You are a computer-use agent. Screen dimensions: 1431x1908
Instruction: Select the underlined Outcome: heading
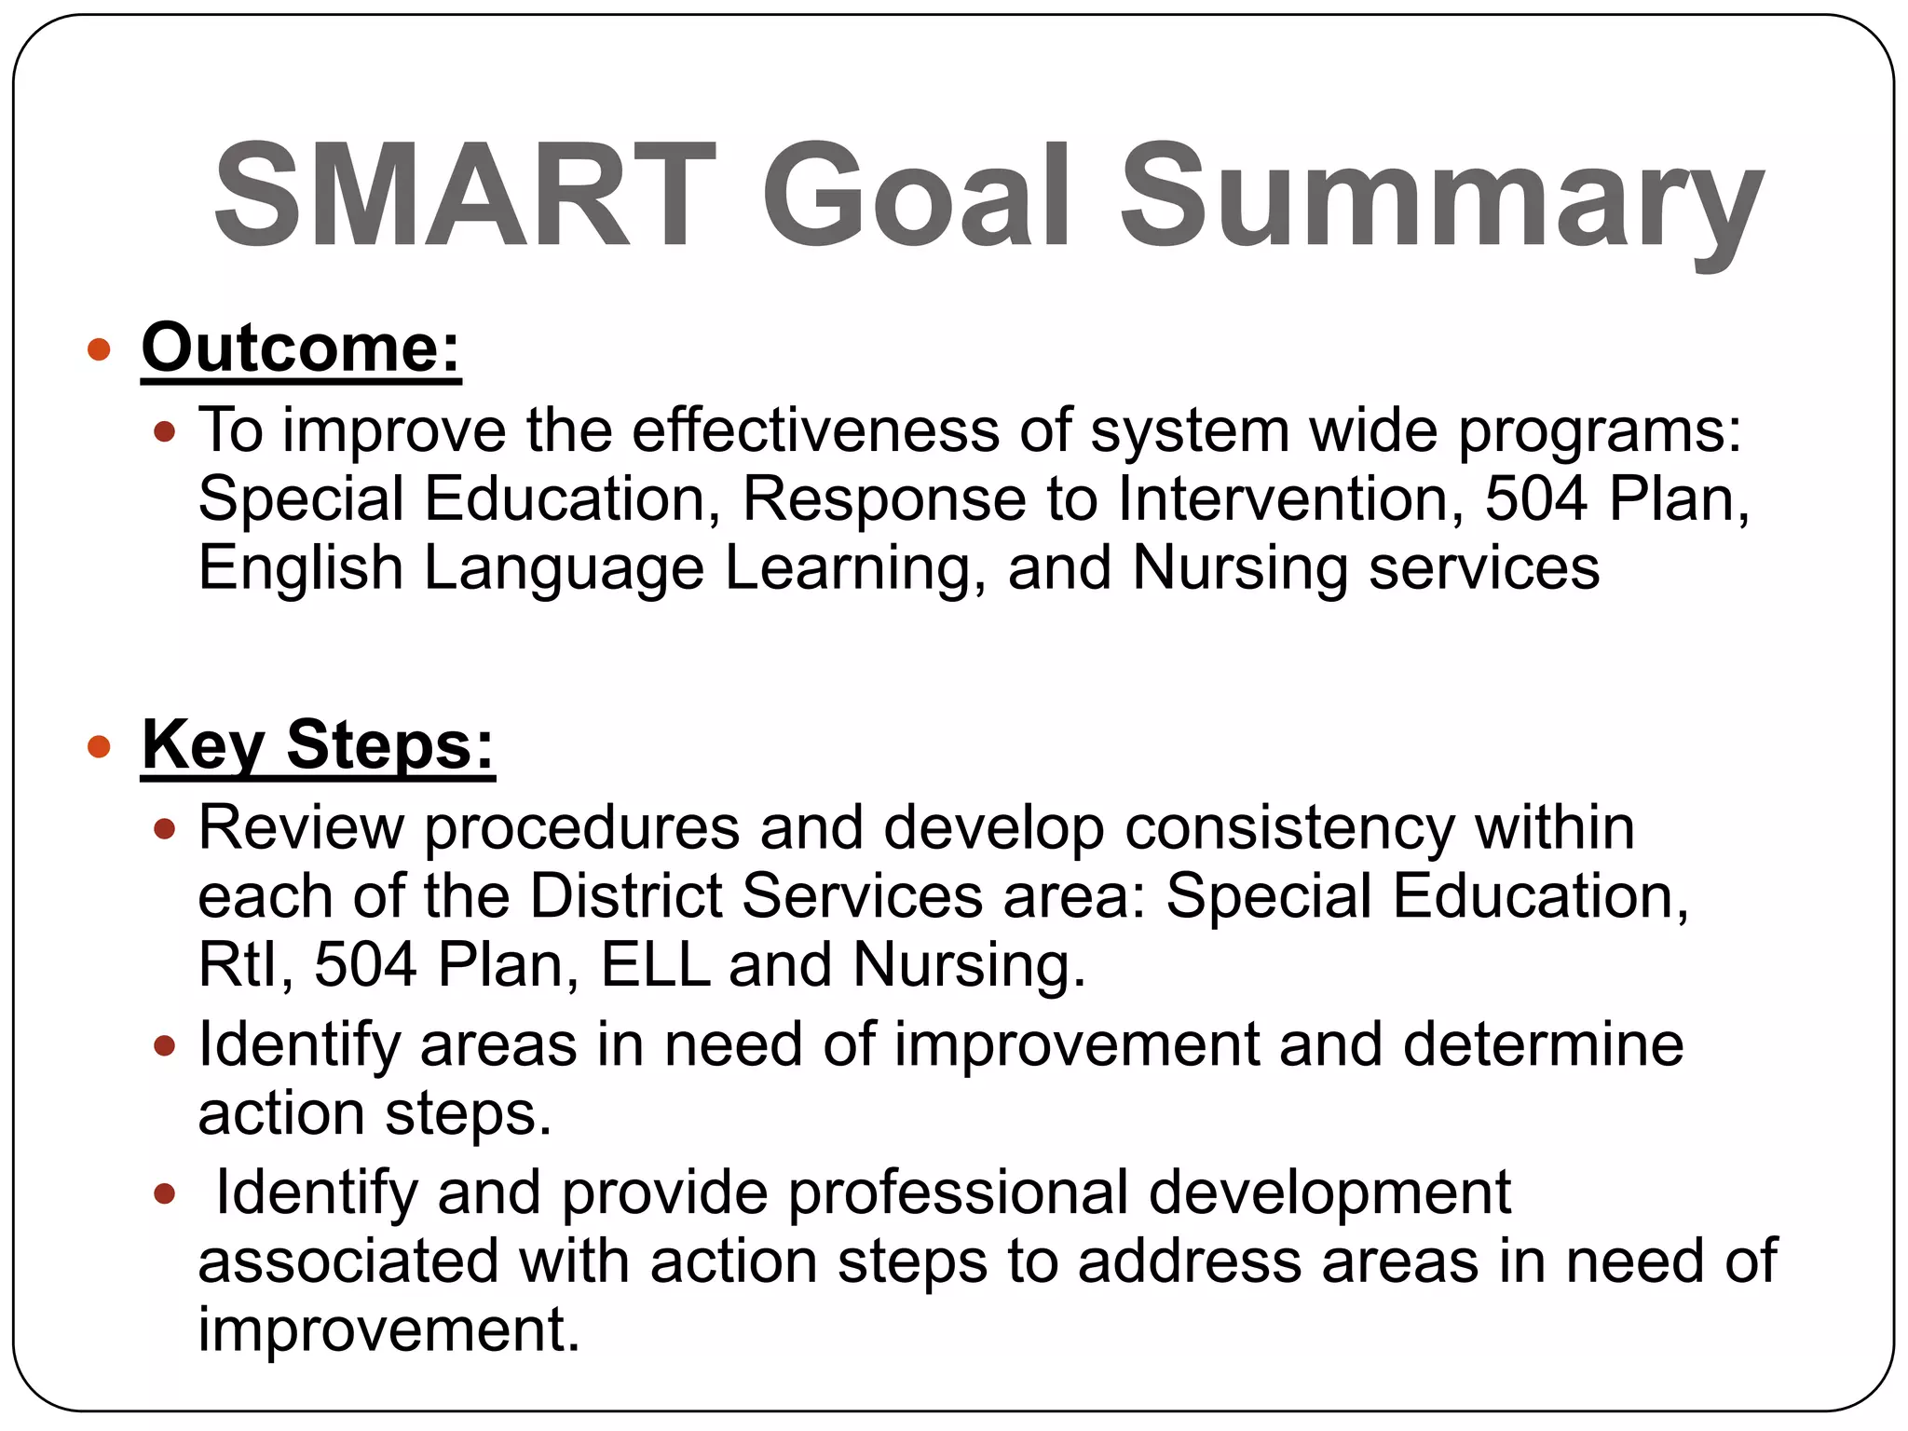pos(301,348)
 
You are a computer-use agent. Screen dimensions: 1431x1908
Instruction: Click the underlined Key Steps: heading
pos(318,745)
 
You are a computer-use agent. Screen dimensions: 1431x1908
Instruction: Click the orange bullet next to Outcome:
pos(99,350)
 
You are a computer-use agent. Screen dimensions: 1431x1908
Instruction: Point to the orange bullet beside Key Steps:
pos(99,747)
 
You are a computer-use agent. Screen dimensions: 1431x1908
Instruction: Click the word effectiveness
pos(815,430)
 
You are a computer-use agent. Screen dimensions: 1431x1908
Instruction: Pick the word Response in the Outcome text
pos(883,499)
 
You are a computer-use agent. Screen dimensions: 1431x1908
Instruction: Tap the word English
pos(300,568)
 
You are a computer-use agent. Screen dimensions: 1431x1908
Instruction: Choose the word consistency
pos(1288,827)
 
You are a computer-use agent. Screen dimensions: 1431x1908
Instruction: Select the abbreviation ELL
pos(656,964)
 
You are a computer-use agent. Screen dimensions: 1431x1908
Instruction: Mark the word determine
pos(1543,1044)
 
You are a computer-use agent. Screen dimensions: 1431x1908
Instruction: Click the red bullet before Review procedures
pos(164,829)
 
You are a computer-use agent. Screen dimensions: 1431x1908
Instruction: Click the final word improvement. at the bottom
pos(388,1329)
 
